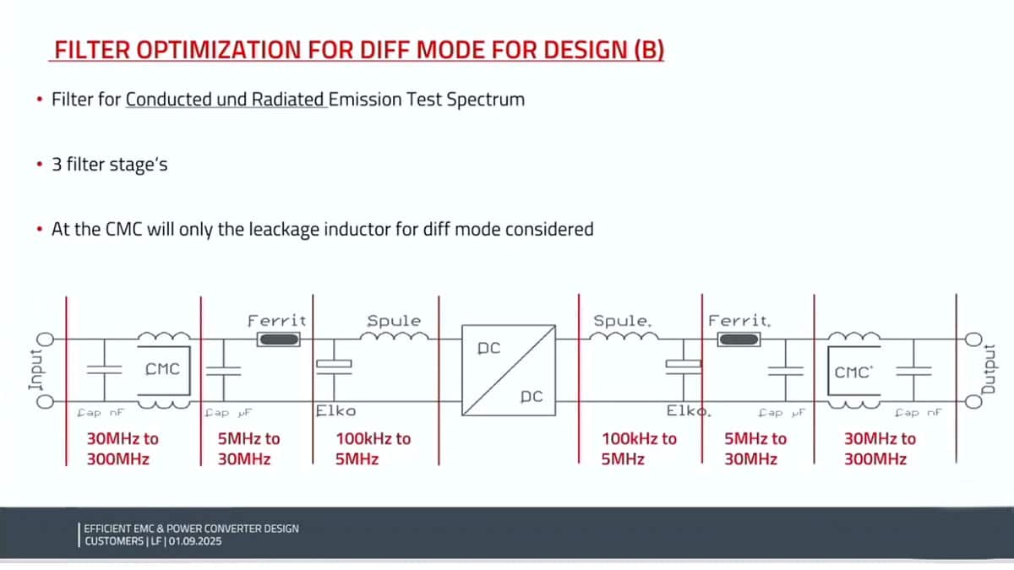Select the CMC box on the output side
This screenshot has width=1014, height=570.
point(853,371)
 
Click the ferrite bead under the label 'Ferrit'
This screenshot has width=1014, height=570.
point(277,339)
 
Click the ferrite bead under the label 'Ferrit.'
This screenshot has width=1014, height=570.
point(739,339)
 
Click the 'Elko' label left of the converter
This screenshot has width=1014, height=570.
point(335,411)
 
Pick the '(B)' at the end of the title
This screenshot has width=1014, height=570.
point(648,51)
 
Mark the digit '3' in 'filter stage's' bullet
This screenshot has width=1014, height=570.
point(57,165)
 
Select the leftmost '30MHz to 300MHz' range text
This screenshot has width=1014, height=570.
point(123,449)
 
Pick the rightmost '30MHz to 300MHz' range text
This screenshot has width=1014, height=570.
point(880,449)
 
